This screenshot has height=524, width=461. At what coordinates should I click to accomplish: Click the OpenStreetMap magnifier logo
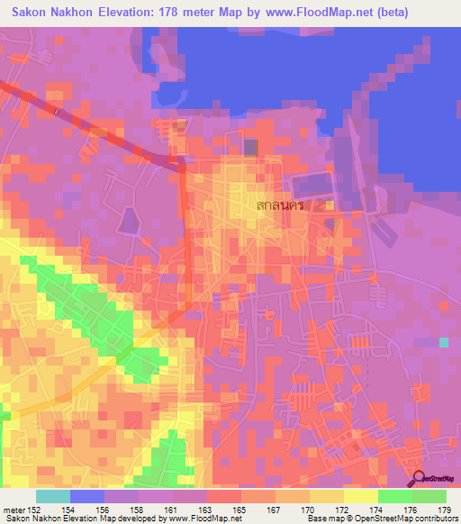click(x=420, y=479)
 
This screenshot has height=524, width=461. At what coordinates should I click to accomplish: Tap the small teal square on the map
click(x=443, y=342)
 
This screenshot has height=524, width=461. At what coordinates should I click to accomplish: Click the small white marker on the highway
click(x=56, y=111)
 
